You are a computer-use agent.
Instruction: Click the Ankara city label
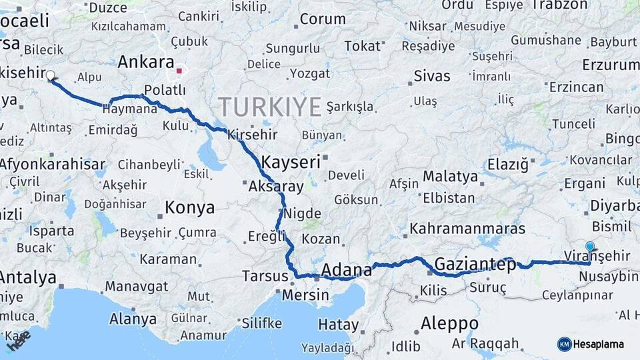(146, 62)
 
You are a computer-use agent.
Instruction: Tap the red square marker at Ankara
(179, 70)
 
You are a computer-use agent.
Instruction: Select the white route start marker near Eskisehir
(50, 75)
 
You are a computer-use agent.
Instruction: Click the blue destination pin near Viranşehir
(589, 247)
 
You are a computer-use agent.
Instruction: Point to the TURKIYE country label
(269, 107)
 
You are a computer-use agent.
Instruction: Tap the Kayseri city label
(291, 162)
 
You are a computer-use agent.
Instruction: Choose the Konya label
(190, 207)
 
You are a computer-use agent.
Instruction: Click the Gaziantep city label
(475, 264)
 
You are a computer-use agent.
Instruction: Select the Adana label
(346, 270)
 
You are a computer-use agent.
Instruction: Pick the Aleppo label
(449, 323)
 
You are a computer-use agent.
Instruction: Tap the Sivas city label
(432, 75)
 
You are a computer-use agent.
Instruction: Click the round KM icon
(565, 344)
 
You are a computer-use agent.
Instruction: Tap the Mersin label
(305, 294)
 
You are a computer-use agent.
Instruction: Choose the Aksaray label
(275, 187)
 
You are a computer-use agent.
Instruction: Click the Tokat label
(361, 45)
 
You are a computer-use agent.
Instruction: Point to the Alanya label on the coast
(133, 319)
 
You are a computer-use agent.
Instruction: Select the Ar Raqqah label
(485, 344)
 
